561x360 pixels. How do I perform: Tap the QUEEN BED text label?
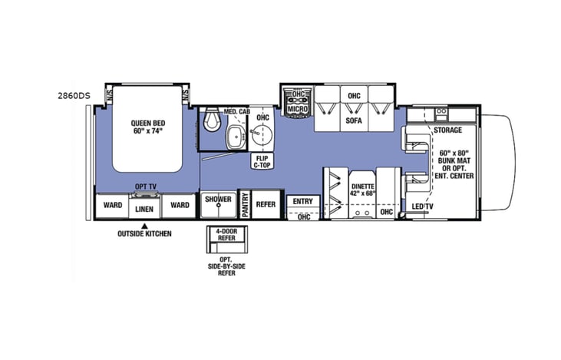click(x=148, y=125)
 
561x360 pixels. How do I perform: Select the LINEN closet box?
click(x=144, y=208)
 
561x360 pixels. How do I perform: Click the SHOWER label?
click(x=218, y=200)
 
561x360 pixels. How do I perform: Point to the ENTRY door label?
click(x=302, y=201)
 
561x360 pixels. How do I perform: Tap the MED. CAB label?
click(x=236, y=111)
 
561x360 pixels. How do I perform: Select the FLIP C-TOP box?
click(x=262, y=160)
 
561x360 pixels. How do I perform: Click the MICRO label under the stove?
click(x=298, y=111)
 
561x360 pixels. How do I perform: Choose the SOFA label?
click(x=354, y=121)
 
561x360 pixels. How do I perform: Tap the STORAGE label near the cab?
click(x=447, y=130)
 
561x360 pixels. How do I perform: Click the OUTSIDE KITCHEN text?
click(x=144, y=233)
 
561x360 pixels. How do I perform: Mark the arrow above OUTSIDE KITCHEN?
click(x=144, y=225)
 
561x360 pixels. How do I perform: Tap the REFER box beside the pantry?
click(x=266, y=205)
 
